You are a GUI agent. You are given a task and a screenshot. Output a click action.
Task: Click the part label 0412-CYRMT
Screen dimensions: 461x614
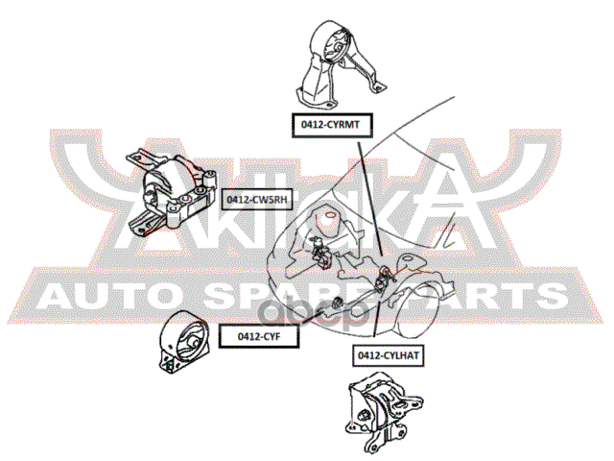[x=332, y=124]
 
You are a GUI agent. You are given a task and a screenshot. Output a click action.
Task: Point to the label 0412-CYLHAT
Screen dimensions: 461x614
[x=390, y=354]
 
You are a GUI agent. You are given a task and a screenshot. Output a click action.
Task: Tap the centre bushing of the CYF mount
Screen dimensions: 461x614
[x=190, y=340]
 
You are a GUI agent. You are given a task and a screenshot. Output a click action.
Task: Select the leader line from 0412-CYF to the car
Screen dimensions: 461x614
[x=317, y=322]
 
